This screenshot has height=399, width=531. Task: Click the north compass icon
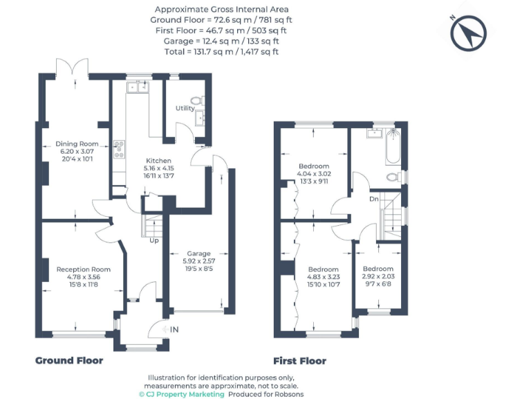tap(469, 32)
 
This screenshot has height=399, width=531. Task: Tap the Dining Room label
tap(77, 144)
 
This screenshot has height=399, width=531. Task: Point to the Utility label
tap(185, 109)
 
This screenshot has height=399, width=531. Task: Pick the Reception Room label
tap(83, 269)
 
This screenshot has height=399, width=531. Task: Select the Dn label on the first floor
tap(374, 199)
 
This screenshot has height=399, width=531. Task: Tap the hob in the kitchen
tap(119, 147)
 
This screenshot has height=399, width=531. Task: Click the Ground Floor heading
tap(69, 361)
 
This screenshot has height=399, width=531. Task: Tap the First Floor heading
tap(299, 361)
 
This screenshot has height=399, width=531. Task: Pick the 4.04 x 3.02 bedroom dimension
tap(315, 174)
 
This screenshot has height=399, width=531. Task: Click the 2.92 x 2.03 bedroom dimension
tap(378, 276)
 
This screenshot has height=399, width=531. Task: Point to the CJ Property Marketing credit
tap(183, 393)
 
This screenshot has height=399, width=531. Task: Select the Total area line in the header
tap(221, 51)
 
